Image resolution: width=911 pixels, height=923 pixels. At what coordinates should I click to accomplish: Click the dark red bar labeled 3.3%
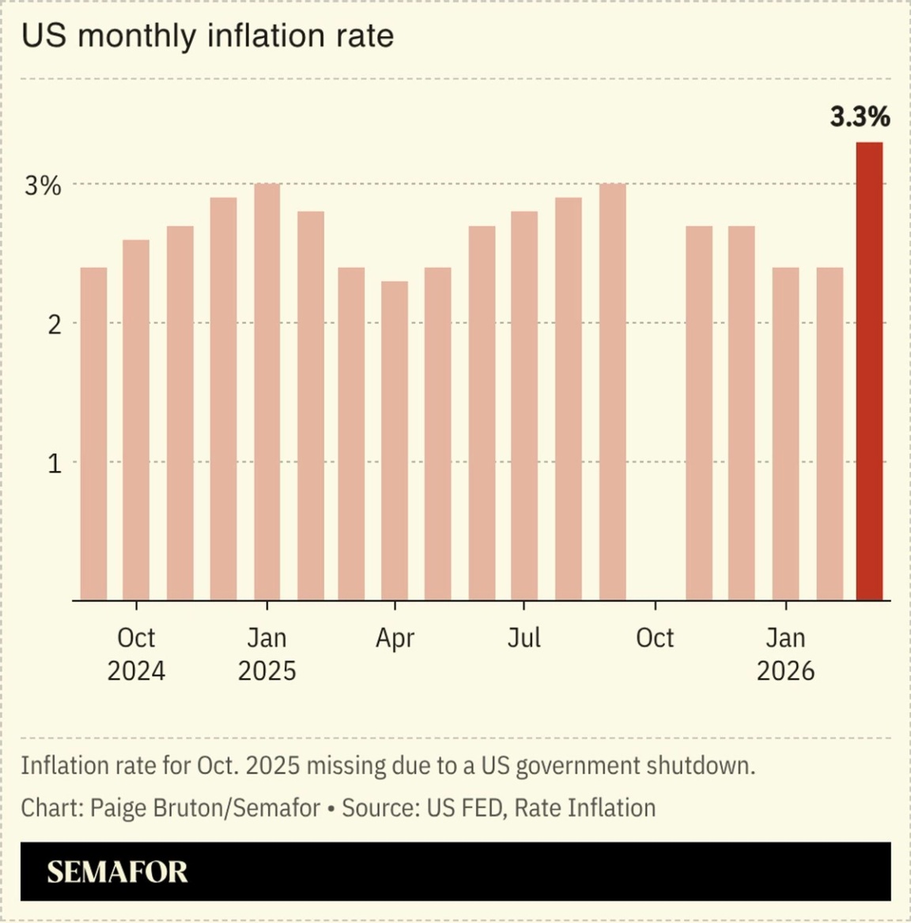(x=869, y=372)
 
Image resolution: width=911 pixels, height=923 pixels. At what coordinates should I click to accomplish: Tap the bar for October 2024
(x=136, y=420)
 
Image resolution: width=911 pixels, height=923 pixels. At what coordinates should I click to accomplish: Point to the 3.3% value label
(x=860, y=117)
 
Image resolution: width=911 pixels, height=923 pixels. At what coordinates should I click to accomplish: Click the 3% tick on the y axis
(x=43, y=186)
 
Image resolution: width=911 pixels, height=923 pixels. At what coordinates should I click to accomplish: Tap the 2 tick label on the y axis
(x=54, y=324)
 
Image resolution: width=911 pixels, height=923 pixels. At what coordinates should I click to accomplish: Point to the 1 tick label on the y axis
(x=54, y=463)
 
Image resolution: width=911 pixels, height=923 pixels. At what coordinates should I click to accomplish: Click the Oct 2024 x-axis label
(x=136, y=654)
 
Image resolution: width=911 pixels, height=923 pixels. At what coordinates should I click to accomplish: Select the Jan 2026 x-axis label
(x=785, y=654)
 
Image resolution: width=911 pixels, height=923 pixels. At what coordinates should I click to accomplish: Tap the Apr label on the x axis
(x=395, y=638)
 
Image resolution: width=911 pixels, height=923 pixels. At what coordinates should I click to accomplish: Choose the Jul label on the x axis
(x=524, y=637)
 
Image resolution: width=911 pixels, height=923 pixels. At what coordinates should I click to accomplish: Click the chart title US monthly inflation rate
(x=207, y=36)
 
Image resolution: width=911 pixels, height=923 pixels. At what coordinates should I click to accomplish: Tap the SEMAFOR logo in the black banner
(x=117, y=872)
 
